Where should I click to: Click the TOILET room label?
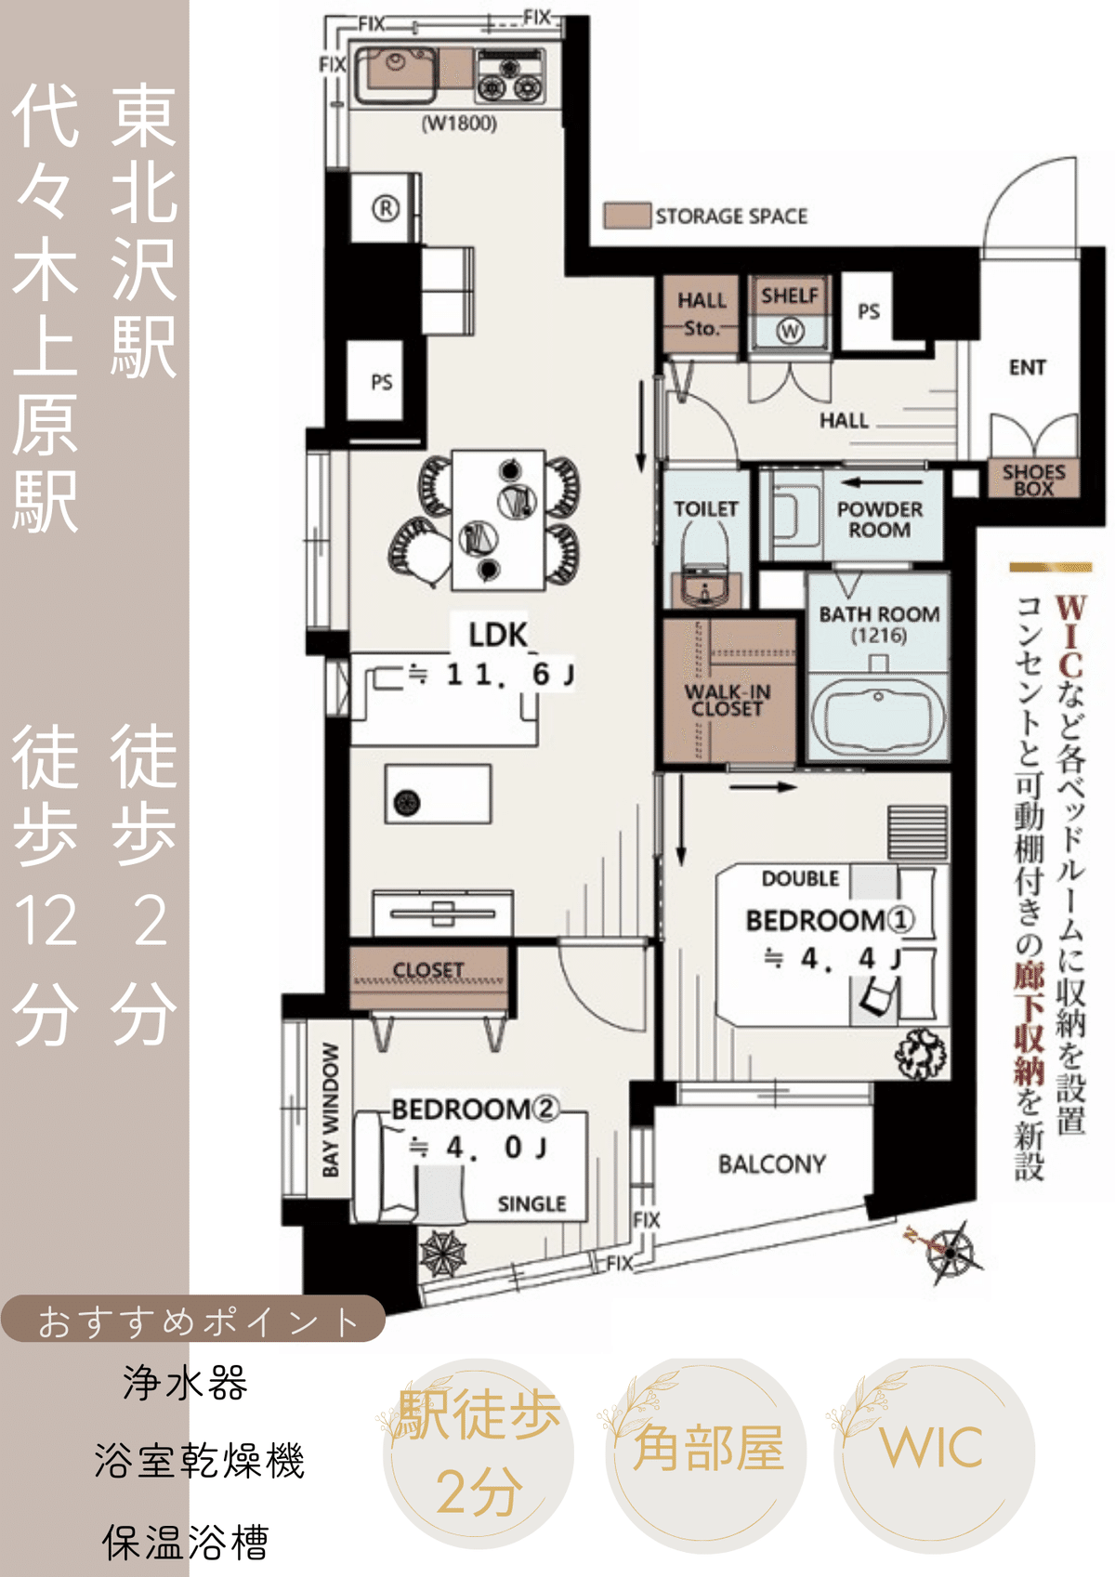pyautogui.click(x=705, y=509)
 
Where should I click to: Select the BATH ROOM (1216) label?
pyautogui.click(x=878, y=624)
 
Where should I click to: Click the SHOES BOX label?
pyautogui.click(x=1033, y=480)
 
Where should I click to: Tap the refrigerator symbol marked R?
pyautogui.click(x=386, y=209)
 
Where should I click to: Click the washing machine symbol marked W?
pyautogui.click(x=790, y=331)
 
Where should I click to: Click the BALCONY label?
pyautogui.click(x=771, y=1164)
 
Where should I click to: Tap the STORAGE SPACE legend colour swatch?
pyautogui.click(x=626, y=216)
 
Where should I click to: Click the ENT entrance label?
pyautogui.click(x=1028, y=368)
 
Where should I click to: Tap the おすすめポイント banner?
pyautogui.click(x=195, y=1321)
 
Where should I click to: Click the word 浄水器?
pyautogui.click(x=186, y=1384)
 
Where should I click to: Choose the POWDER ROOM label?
pyautogui.click(x=879, y=519)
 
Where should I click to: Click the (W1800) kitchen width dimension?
pyautogui.click(x=459, y=124)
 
